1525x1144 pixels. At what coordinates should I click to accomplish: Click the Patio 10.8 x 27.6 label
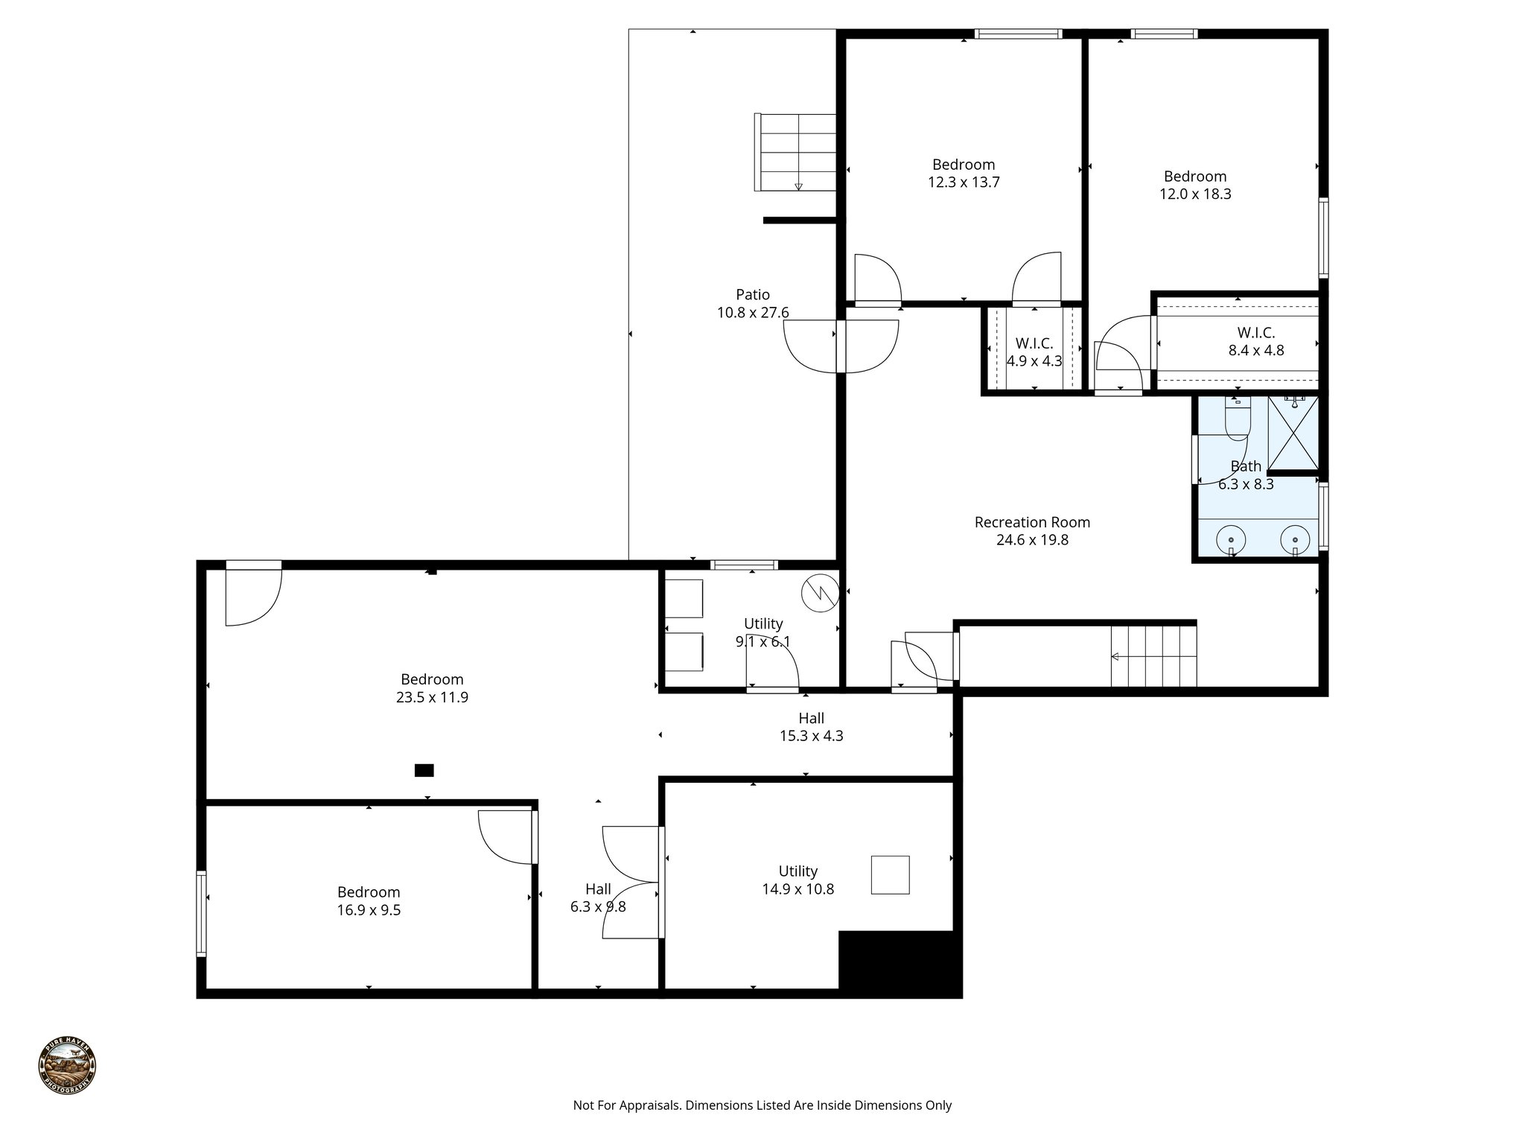click(x=753, y=304)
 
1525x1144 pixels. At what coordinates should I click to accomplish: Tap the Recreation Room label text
click(x=1032, y=523)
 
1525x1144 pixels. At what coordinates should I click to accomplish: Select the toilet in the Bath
click(x=1237, y=419)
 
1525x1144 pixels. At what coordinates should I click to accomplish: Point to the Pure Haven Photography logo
click(x=67, y=1066)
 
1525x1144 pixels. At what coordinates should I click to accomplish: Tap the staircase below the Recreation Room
click(x=1153, y=656)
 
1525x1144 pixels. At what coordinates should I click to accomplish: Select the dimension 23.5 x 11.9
click(x=432, y=698)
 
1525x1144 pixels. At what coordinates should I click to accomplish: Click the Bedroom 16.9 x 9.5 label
click(x=369, y=900)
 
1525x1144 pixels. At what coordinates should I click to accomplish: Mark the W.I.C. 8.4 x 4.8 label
click(x=1255, y=341)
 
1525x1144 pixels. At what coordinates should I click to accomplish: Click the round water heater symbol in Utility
click(x=820, y=593)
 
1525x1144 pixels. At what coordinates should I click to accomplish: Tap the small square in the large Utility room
click(x=891, y=874)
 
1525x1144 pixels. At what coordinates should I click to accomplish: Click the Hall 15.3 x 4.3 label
click(x=811, y=727)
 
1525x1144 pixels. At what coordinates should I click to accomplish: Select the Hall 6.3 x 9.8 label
click(x=598, y=897)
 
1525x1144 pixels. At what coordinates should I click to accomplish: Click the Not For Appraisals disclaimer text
click(x=762, y=1105)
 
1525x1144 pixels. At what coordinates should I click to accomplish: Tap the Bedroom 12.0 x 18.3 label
click(x=1194, y=185)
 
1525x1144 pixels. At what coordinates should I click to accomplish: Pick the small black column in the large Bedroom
click(x=424, y=770)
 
